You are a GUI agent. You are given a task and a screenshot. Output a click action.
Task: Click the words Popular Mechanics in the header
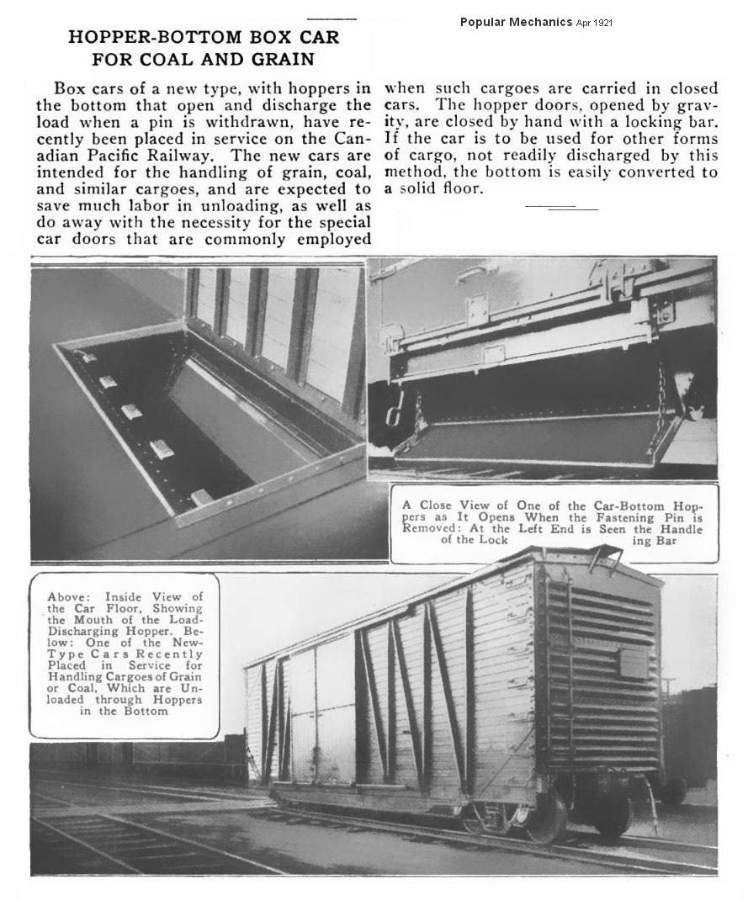[x=516, y=22]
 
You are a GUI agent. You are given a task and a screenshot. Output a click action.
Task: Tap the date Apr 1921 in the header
[x=594, y=23]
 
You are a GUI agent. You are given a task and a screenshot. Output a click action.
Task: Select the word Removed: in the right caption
[x=432, y=528]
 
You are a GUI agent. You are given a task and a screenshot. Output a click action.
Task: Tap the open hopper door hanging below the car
[x=530, y=442]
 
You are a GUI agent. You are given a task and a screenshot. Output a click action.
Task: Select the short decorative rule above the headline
[x=332, y=18]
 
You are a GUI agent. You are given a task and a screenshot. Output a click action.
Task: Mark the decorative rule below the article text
[x=561, y=206]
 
